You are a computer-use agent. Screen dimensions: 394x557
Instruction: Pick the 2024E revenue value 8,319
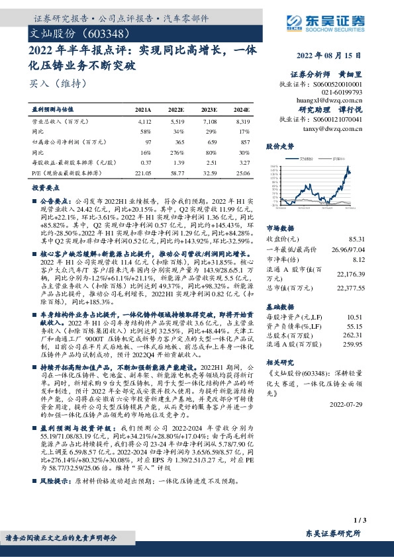coord(242,122)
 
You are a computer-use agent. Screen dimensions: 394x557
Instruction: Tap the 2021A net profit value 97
coord(148,142)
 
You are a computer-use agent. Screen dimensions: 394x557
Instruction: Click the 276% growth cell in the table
coord(176,152)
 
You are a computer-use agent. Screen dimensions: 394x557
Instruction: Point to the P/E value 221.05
coord(143,173)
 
